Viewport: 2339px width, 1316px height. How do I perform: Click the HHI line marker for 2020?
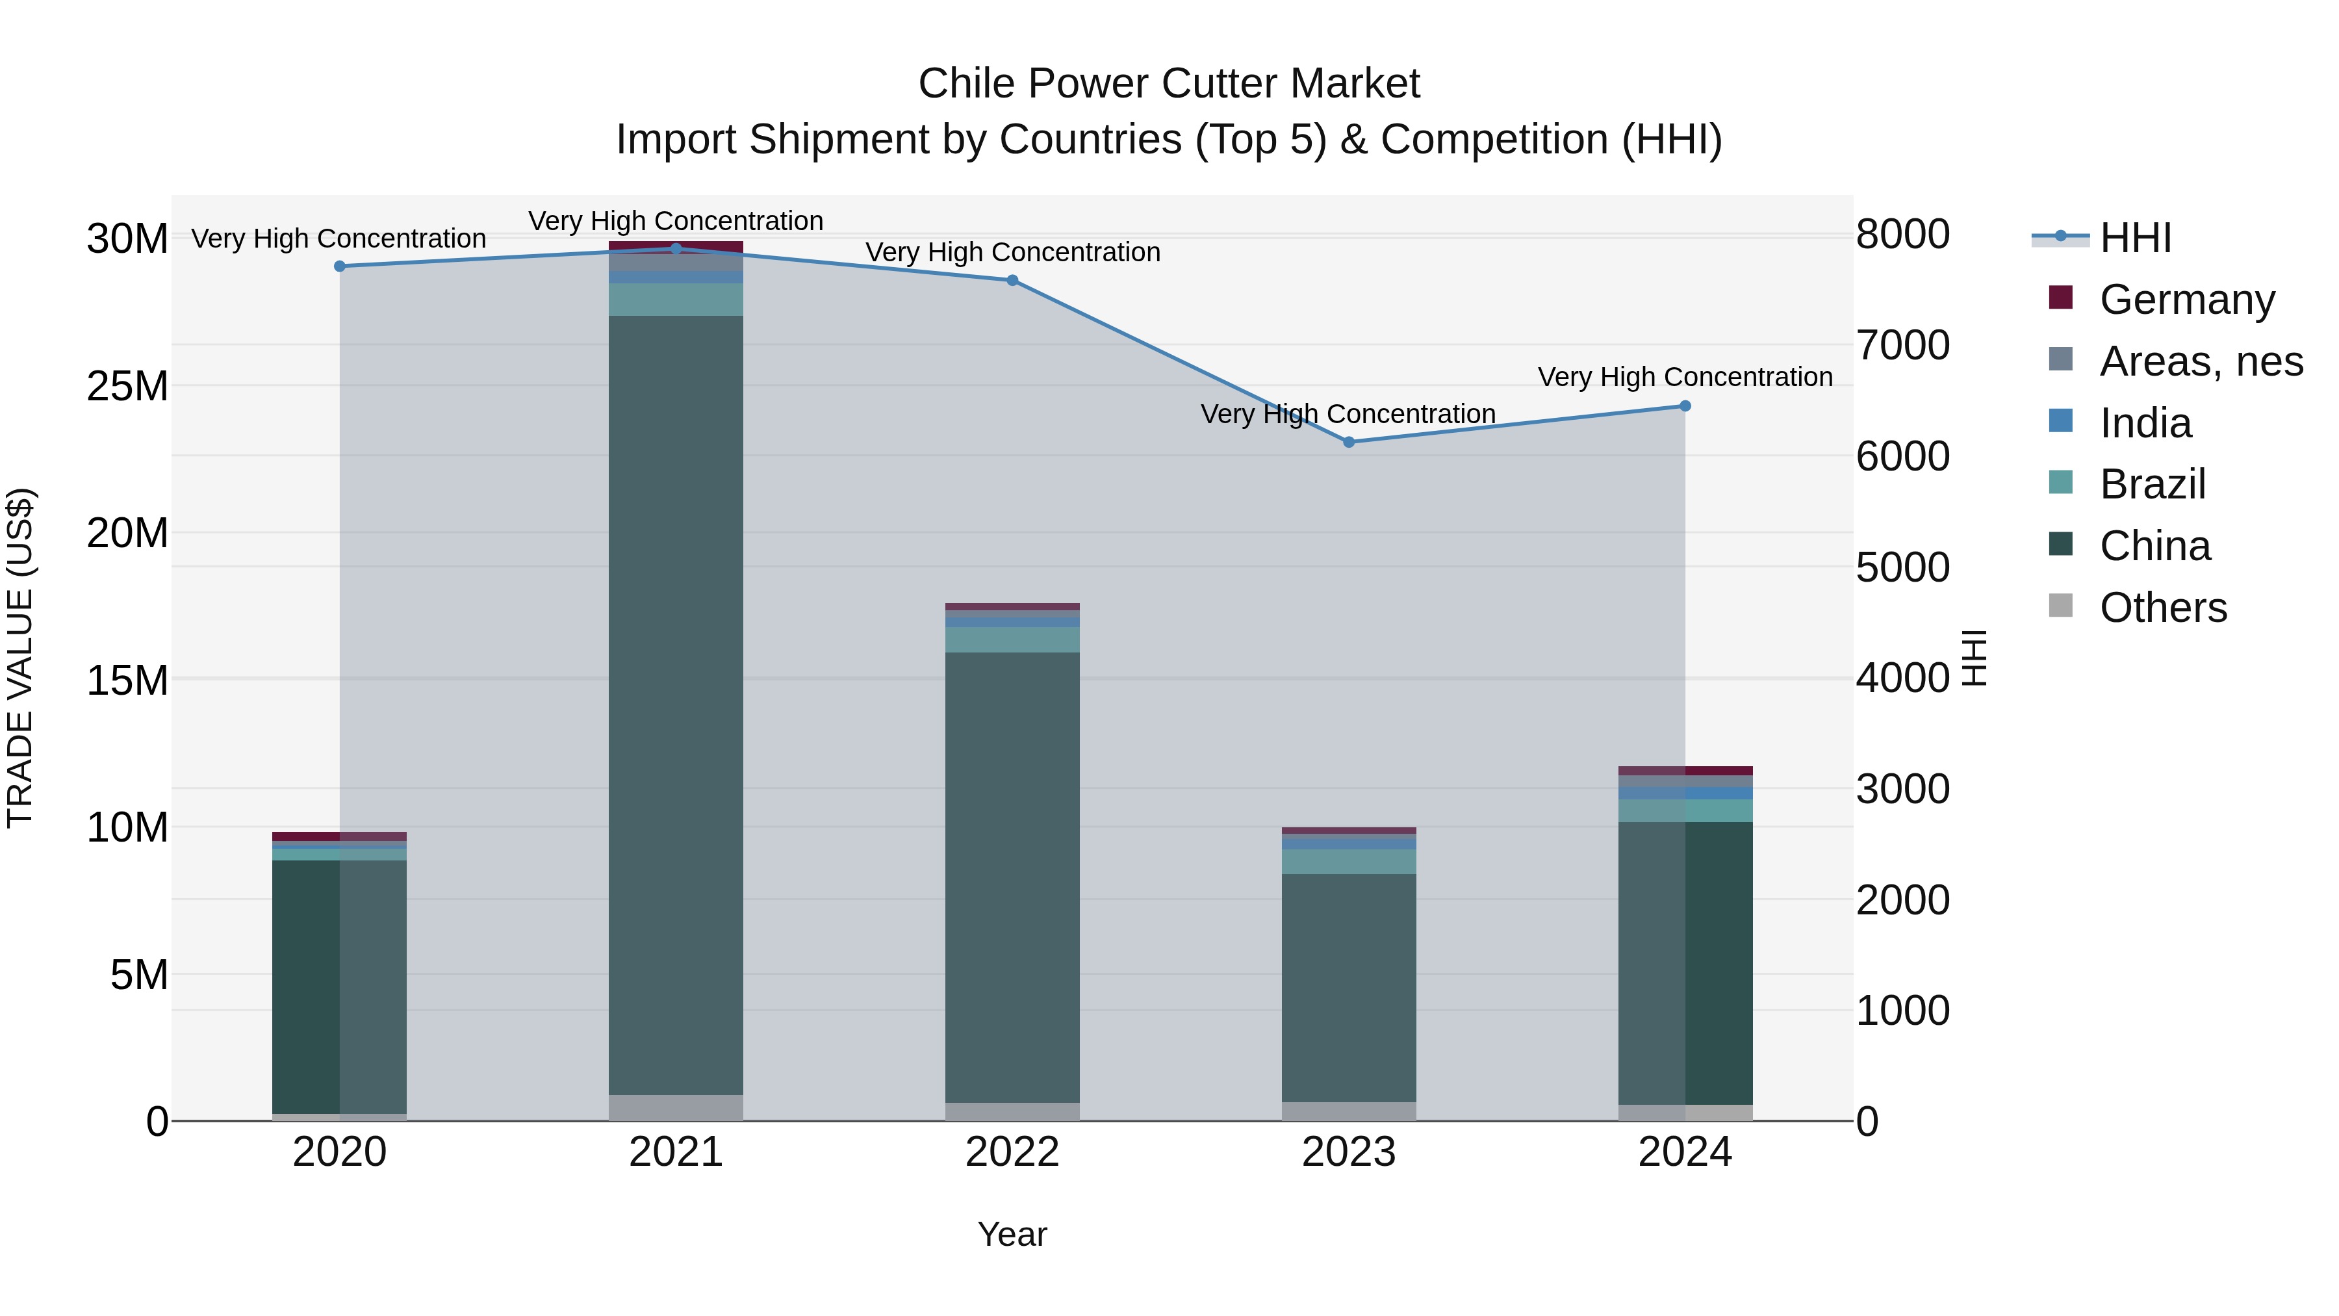(340, 266)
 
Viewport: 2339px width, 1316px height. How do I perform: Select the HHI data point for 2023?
(1348, 443)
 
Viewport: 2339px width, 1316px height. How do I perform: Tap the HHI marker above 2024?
(1685, 406)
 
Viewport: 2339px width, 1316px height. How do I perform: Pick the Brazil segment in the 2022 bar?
(1012, 639)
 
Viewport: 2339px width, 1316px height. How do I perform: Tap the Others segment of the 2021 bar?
(676, 1107)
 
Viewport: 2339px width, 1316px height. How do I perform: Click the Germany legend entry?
(2186, 300)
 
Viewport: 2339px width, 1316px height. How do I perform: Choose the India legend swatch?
(2061, 421)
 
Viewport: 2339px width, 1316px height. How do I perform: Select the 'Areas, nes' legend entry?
(2201, 361)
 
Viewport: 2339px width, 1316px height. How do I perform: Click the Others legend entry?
(2163, 608)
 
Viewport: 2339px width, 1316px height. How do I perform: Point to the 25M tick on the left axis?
(127, 387)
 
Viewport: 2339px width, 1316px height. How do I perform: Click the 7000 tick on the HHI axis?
(1902, 345)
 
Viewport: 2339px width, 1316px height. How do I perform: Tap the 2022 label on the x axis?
(1012, 1152)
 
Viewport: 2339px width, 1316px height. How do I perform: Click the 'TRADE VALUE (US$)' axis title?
(21, 658)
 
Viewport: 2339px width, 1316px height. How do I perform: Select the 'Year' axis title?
(1012, 1234)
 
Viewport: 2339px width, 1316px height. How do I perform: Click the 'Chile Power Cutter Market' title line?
(1169, 84)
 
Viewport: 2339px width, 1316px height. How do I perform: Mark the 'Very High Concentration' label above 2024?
(1685, 377)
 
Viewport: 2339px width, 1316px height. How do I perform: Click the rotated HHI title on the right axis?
(1974, 658)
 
